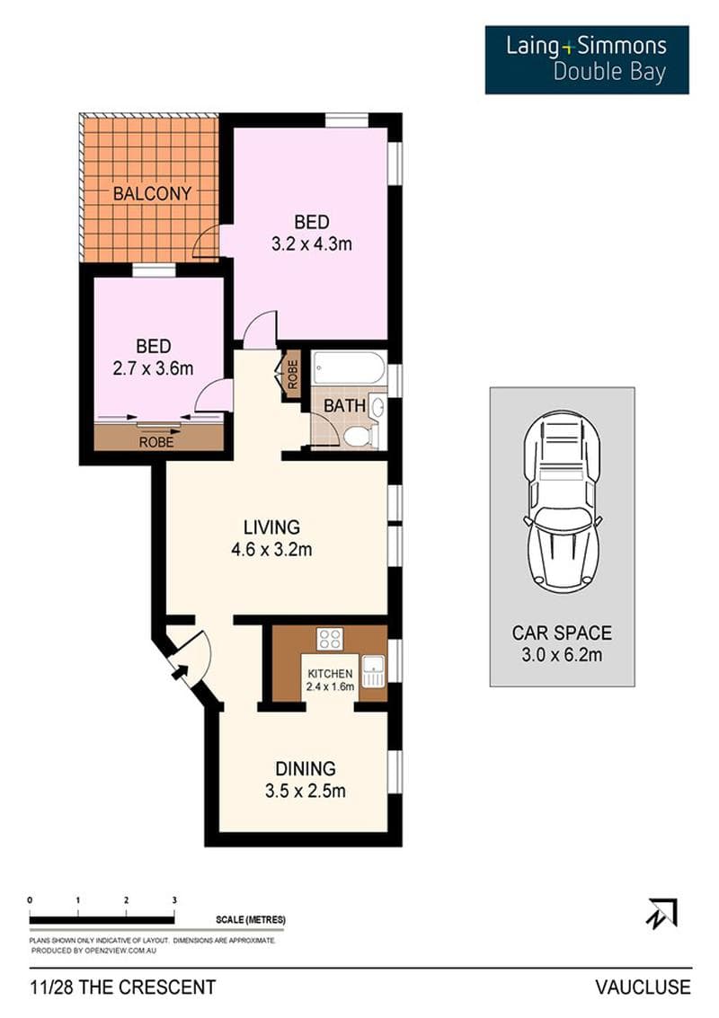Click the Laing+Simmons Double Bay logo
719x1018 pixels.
click(x=587, y=59)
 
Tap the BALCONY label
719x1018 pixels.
click(x=152, y=193)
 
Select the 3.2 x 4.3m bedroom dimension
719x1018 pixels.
click(x=312, y=244)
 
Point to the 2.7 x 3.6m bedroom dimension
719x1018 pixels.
click(x=154, y=368)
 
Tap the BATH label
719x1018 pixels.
click(x=344, y=406)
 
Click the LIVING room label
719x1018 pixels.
click(x=271, y=527)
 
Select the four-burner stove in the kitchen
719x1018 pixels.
click(x=329, y=638)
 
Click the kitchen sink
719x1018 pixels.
click(x=373, y=670)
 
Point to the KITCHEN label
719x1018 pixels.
click(x=330, y=674)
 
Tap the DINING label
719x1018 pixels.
click(x=306, y=769)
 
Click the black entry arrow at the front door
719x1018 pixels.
click(x=177, y=671)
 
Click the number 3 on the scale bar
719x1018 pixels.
click(x=174, y=900)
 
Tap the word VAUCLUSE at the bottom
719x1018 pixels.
click(x=643, y=987)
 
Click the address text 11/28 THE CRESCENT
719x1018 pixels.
click(x=123, y=987)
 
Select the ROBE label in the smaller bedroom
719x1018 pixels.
click(x=156, y=442)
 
